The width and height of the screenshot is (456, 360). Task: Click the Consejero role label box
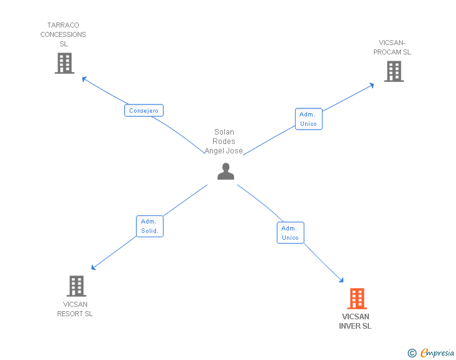point(143,110)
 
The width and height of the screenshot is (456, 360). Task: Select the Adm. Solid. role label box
point(150,226)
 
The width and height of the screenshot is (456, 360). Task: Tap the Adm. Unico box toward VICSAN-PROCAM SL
point(309,119)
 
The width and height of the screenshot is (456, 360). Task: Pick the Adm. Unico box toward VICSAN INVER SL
point(290,233)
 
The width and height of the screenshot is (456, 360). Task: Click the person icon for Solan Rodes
point(225,172)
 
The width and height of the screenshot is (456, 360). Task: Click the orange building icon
point(357,299)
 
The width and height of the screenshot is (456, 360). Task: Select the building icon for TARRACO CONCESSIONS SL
point(65,63)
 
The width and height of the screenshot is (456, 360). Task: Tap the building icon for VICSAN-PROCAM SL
point(394,71)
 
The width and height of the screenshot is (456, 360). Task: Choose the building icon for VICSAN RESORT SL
point(76,286)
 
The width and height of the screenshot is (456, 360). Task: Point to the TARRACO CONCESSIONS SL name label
point(63,34)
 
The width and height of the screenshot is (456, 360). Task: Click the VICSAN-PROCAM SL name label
point(392,48)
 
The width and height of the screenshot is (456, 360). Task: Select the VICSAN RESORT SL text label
point(75,309)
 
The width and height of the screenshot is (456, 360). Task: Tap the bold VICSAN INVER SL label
point(355,321)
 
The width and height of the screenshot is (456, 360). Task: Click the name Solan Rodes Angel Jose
point(224,141)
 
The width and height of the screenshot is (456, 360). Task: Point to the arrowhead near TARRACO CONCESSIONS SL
point(85,79)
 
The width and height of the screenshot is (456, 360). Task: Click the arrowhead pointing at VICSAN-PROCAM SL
point(371,85)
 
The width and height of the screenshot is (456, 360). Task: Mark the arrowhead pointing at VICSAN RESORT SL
point(93,267)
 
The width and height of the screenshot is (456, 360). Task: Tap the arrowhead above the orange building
point(341,280)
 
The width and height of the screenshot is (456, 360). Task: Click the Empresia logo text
point(437,352)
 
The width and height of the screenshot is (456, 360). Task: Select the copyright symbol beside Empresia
point(412,353)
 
